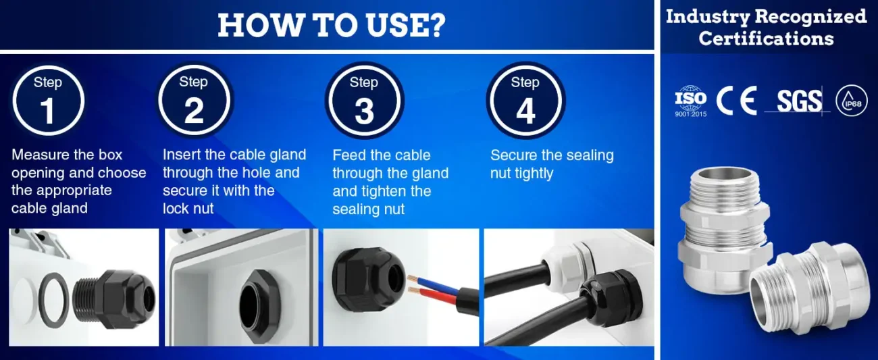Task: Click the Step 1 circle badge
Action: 48,101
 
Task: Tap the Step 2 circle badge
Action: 194,100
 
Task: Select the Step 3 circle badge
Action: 364,101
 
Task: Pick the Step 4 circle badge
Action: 525,101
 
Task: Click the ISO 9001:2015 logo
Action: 691,101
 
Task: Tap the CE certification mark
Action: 736,101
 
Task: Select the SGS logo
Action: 799,101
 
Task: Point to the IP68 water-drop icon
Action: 852,101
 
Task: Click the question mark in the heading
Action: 436,25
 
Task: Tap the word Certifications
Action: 766,38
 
